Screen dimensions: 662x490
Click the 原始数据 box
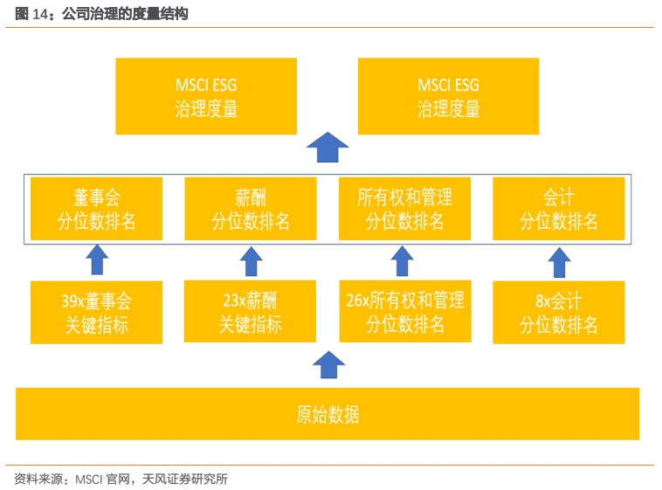coord(328,414)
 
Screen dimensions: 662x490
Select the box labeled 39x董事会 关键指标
coord(96,313)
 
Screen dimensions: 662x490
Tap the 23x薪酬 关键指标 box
coord(250,311)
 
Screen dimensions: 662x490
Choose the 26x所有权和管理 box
coord(405,311)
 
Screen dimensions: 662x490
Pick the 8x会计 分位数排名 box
coord(559,313)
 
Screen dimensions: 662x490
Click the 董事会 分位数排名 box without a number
coord(96,209)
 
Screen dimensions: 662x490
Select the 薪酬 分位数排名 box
coord(251,209)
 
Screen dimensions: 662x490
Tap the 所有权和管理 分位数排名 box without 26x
coord(404,209)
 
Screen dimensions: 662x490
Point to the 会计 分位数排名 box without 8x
coord(559,209)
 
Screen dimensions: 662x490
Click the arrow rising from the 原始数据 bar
coord(329,365)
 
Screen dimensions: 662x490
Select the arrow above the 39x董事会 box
coord(97,259)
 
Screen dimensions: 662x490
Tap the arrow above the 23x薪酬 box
coord(252,261)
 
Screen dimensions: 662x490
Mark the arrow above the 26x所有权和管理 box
coord(402,261)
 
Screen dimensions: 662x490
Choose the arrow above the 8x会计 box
coord(560,262)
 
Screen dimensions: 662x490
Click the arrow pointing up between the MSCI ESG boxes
coord(328,147)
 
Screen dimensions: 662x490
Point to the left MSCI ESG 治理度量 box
coord(206,96)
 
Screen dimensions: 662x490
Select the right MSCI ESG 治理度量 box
coord(448,96)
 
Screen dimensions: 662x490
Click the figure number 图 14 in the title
coord(31,14)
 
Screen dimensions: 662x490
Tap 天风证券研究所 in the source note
coord(185,479)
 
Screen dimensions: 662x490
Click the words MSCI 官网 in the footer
coord(102,479)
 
